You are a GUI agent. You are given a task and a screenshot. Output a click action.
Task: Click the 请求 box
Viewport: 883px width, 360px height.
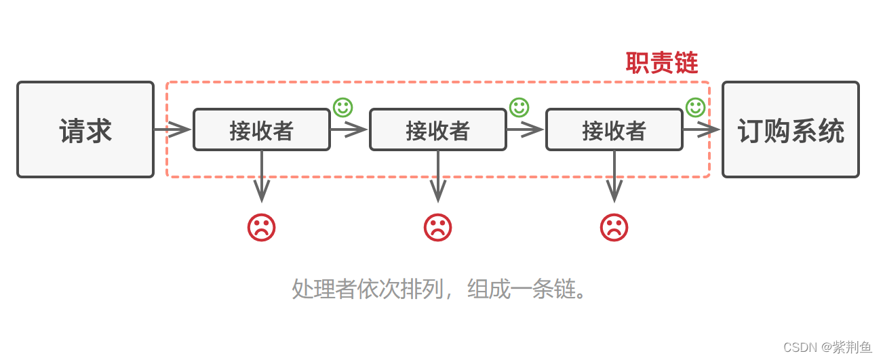pyautogui.click(x=85, y=129)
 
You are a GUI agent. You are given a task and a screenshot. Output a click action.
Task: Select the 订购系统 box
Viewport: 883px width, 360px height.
pyautogui.click(x=790, y=129)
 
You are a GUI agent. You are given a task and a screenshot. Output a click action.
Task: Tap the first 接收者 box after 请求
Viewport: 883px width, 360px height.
pyautogui.click(x=262, y=129)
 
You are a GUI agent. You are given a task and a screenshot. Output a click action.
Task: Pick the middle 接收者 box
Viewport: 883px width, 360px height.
pyautogui.click(x=438, y=129)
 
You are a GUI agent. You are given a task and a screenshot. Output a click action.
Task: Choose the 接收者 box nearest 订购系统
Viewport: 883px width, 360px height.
pyautogui.click(x=614, y=129)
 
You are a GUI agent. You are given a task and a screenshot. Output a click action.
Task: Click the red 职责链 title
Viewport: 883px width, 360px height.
pyautogui.click(x=661, y=64)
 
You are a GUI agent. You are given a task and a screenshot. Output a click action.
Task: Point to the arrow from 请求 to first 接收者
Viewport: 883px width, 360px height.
pyautogui.click(x=173, y=129)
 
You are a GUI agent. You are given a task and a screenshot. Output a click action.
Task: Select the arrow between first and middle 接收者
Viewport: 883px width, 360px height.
pyautogui.click(x=349, y=129)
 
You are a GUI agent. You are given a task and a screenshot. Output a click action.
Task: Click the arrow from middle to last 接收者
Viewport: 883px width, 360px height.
pyautogui.click(x=526, y=129)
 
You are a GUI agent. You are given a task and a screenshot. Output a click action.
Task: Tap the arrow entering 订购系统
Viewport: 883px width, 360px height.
pyautogui.click(x=702, y=129)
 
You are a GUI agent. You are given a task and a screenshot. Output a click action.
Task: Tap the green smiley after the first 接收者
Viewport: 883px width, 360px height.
pyautogui.click(x=342, y=107)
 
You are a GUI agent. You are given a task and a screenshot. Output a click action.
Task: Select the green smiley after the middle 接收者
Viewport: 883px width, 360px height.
pyautogui.click(x=519, y=107)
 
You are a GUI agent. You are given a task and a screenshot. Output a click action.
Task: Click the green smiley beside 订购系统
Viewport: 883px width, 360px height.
pyautogui.click(x=695, y=107)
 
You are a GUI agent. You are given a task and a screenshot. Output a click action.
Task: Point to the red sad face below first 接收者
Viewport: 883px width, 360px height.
pyautogui.click(x=261, y=228)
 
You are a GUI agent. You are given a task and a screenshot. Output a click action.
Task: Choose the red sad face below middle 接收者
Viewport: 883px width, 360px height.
pyautogui.click(x=437, y=228)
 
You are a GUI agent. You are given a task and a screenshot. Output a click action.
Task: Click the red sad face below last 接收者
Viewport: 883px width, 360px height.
pyautogui.click(x=614, y=228)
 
